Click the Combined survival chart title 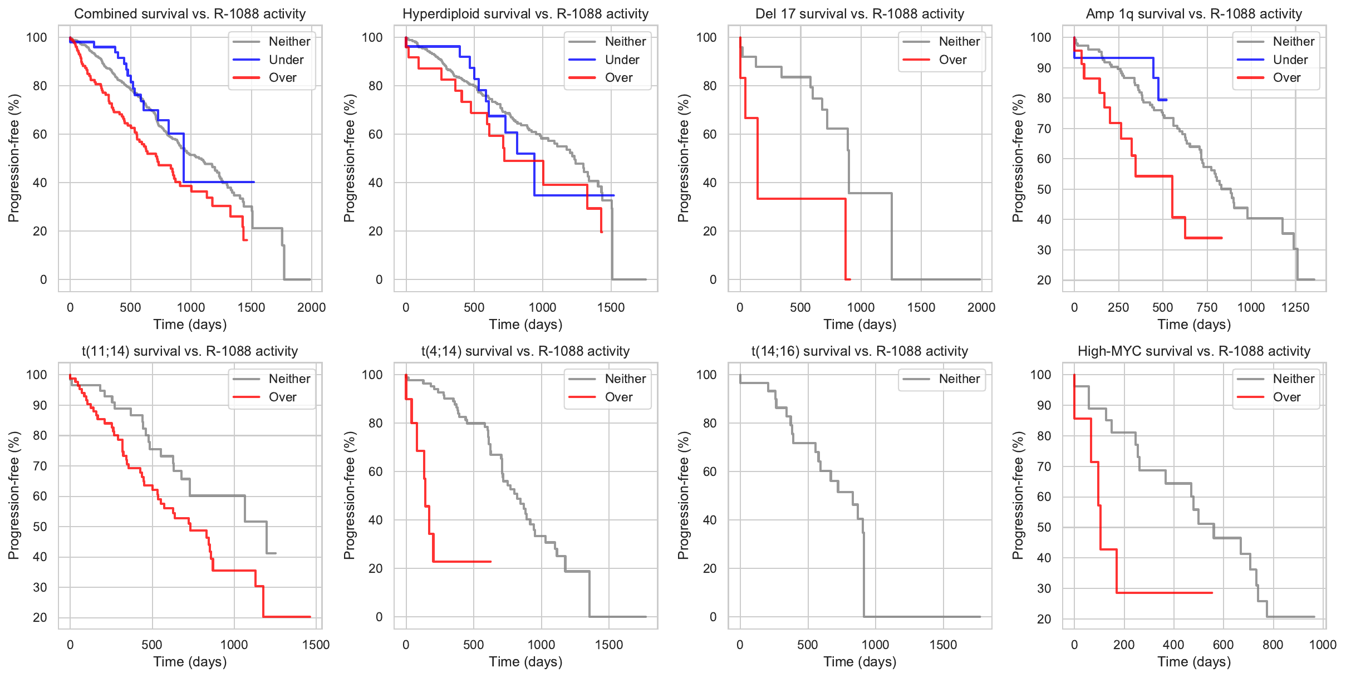click(x=190, y=14)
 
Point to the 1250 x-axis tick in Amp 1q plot click(x=1295, y=307)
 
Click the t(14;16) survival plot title click(x=859, y=351)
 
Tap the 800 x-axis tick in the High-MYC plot click(x=1273, y=645)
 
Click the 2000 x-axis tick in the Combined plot click(x=311, y=307)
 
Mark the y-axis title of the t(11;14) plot click(x=14, y=495)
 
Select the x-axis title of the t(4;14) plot click(x=525, y=661)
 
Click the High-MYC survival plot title click(x=1194, y=351)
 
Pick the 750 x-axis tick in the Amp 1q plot click(x=1207, y=307)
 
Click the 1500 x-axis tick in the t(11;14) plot click(x=316, y=645)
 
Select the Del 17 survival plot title click(x=859, y=14)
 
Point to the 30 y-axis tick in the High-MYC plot click(x=1044, y=588)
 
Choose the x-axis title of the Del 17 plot click(x=859, y=324)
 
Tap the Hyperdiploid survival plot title click(x=525, y=14)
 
